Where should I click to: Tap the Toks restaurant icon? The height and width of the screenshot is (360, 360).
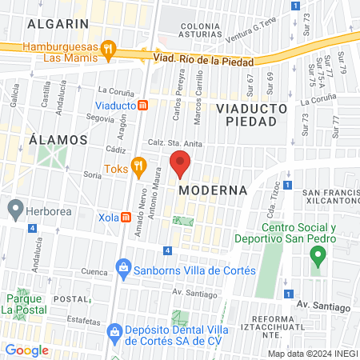(139, 169)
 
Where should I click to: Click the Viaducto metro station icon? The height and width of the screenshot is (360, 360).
(142, 105)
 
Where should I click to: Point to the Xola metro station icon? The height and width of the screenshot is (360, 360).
(126, 218)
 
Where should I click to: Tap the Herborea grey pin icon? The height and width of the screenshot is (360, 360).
(14, 209)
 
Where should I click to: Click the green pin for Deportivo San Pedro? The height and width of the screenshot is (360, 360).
(318, 257)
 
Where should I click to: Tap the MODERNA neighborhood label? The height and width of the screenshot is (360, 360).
(212, 190)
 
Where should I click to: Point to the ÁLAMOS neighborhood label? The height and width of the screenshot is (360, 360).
(58, 139)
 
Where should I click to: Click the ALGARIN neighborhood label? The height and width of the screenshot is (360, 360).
(58, 24)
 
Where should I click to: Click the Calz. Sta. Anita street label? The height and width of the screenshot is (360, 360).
(170, 143)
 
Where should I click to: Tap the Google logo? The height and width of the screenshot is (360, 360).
(27, 350)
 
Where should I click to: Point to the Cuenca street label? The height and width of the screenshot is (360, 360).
(94, 271)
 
